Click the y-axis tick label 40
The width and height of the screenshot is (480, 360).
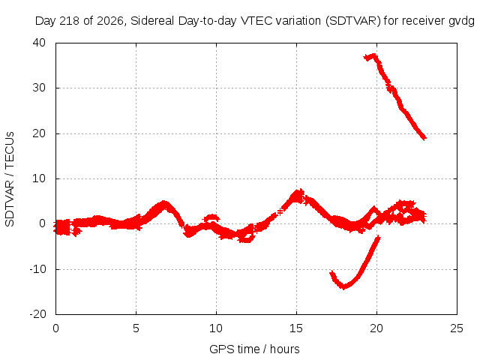tap(39, 43)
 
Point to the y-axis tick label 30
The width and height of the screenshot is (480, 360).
tap(39, 88)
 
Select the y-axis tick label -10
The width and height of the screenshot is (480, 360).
tap(37, 269)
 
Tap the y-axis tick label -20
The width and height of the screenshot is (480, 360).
tap(37, 314)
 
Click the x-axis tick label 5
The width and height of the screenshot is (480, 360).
tap(136, 328)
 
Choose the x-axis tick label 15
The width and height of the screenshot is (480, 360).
tap(296, 328)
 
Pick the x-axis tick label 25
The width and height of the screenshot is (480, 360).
tap(457, 328)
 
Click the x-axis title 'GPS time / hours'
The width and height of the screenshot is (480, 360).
tap(254, 349)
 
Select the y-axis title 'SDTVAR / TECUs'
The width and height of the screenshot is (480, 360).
tap(10, 179)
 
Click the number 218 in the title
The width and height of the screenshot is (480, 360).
tap(70, 21)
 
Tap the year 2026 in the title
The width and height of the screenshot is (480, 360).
tap(110, 21)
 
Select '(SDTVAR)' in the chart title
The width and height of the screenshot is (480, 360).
tap(353, 21)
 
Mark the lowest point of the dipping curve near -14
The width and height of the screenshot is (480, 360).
tap(343, 286)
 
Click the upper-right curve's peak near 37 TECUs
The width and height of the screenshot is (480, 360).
tap(373, 56)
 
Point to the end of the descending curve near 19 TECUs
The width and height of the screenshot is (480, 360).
tap(424, 137)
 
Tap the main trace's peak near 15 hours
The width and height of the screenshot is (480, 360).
tap(297, 194)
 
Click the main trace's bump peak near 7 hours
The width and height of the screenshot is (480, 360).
tap(164, 203)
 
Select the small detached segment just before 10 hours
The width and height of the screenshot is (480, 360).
tap(211, 218)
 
